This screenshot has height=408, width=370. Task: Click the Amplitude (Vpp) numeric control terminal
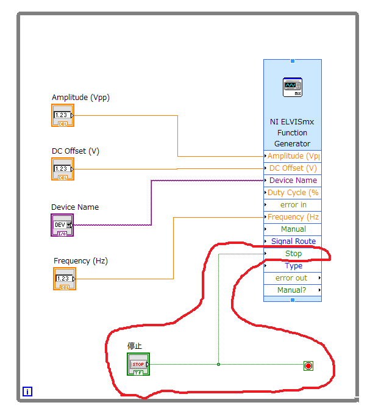63,115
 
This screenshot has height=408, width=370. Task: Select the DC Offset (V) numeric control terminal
63,169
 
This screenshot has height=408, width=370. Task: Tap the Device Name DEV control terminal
62,225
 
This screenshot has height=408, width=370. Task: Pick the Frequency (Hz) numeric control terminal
65,279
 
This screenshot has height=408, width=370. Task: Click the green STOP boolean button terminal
138,364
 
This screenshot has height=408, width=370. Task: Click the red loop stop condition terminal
308,366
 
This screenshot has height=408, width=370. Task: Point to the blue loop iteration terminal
27,392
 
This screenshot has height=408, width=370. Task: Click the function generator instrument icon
293,87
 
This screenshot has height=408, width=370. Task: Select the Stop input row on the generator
293,254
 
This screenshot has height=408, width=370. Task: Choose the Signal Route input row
293,242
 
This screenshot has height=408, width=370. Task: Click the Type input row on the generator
293,266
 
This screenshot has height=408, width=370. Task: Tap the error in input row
293,205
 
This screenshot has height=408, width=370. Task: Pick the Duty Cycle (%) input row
293,193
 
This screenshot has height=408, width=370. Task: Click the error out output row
293,278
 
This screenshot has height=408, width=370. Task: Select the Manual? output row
293,290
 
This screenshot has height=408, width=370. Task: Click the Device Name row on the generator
293,181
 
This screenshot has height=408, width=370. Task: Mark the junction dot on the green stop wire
218,364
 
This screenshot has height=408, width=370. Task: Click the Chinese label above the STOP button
135,346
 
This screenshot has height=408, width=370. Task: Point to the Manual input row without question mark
293,229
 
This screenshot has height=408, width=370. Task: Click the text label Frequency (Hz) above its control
80,261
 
